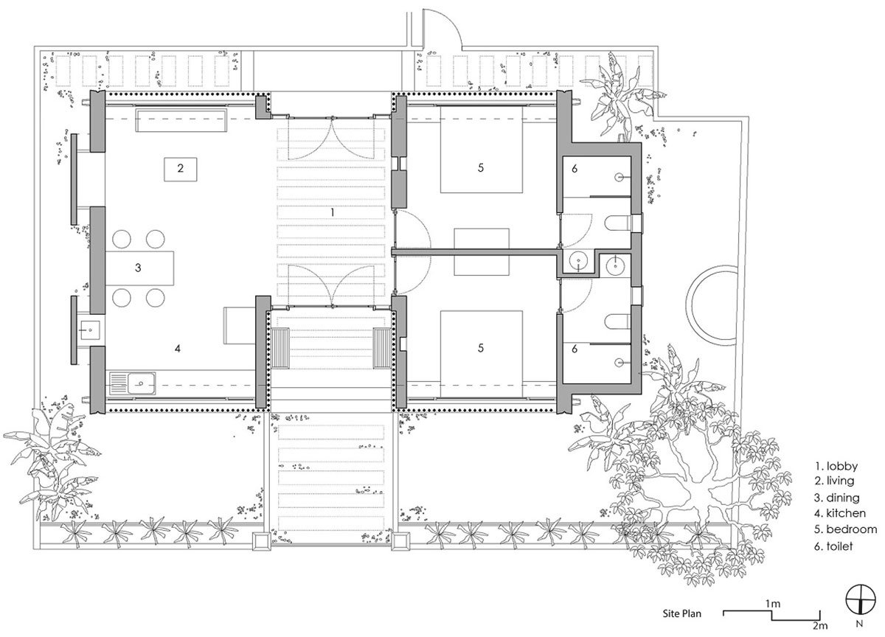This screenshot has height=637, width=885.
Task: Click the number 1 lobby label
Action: pos(333,212)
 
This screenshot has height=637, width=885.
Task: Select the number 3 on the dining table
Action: pos(138,268)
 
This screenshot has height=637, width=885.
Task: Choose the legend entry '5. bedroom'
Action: pos(846,529)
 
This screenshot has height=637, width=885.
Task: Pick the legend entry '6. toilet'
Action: pos(837,546)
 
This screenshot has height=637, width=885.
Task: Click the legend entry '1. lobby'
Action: pos(836,465)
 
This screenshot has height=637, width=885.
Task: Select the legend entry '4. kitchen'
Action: pos(841,513)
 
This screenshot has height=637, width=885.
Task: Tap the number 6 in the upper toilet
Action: pos(574,169)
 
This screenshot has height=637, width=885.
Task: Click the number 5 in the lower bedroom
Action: pos(481,347)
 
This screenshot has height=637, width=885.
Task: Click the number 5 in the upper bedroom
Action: pos(481,168)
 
